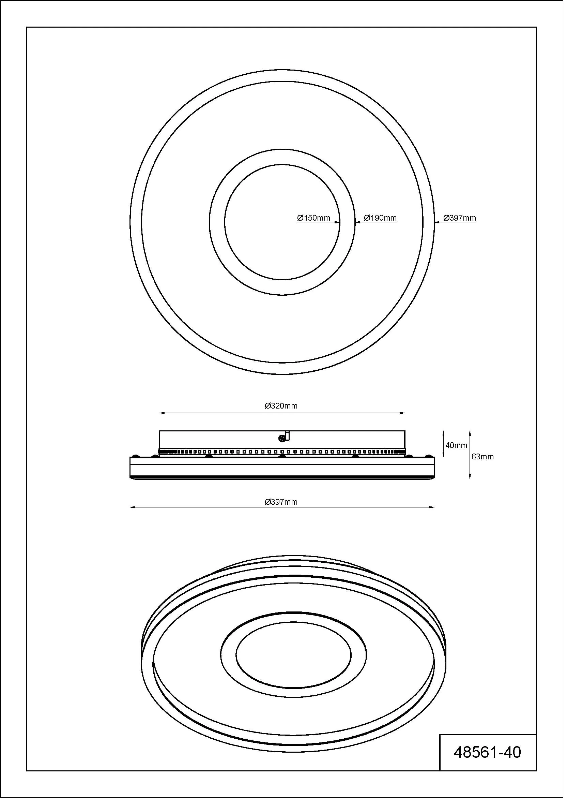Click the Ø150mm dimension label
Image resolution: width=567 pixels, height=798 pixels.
pos(315,219)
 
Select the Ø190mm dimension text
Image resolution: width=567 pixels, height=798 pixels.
pos(382,219)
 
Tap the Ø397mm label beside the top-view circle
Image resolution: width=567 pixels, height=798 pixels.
pos(462,219)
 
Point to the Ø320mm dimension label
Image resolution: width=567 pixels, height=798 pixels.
pos(283,408)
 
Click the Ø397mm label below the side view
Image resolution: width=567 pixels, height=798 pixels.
pos(283,504)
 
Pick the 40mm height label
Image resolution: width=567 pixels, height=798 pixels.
pos(458,448)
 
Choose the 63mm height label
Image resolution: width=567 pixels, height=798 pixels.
pos(485,459)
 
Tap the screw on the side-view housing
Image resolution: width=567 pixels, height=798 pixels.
pos(283,441)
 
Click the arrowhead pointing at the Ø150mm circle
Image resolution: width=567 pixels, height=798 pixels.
pos(338,223)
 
